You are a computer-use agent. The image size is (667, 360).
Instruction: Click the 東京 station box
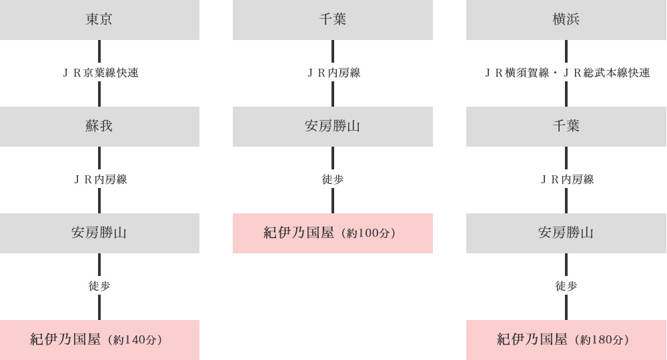(99, 20)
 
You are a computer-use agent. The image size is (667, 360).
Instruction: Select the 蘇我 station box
(99, 127)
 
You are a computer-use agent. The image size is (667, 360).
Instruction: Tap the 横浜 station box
(566, 20)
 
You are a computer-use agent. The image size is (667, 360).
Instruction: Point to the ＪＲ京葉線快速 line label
(101, 73)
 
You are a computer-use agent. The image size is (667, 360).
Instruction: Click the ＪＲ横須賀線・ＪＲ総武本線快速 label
(567, 73)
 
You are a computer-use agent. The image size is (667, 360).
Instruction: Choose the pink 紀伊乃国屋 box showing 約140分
(99, 340)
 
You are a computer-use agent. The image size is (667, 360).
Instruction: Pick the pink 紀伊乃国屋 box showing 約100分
(333, 233)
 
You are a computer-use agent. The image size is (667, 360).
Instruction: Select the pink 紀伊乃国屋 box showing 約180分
(566, 340)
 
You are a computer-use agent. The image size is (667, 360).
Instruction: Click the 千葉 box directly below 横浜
(566, 127)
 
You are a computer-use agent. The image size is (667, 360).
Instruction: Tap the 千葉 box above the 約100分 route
(333, 20)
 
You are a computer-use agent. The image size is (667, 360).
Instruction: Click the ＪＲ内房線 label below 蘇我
(101, 180)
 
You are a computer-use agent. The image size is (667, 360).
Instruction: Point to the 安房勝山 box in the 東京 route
(99, 233)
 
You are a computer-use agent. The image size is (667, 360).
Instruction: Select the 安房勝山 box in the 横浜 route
(566, 233)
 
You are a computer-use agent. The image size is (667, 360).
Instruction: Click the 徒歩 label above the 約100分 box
(333, 180)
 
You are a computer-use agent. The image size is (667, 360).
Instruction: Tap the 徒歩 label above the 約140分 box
(99, 286)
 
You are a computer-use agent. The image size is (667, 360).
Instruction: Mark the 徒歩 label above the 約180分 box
(566, 286)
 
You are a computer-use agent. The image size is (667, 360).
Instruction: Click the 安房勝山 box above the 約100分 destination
(333, 127)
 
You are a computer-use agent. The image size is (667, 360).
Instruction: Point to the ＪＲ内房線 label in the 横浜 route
(567, 180)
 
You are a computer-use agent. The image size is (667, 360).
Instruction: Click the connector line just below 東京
(99, 51)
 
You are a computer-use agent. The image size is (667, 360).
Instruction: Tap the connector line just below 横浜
(566, 51)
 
